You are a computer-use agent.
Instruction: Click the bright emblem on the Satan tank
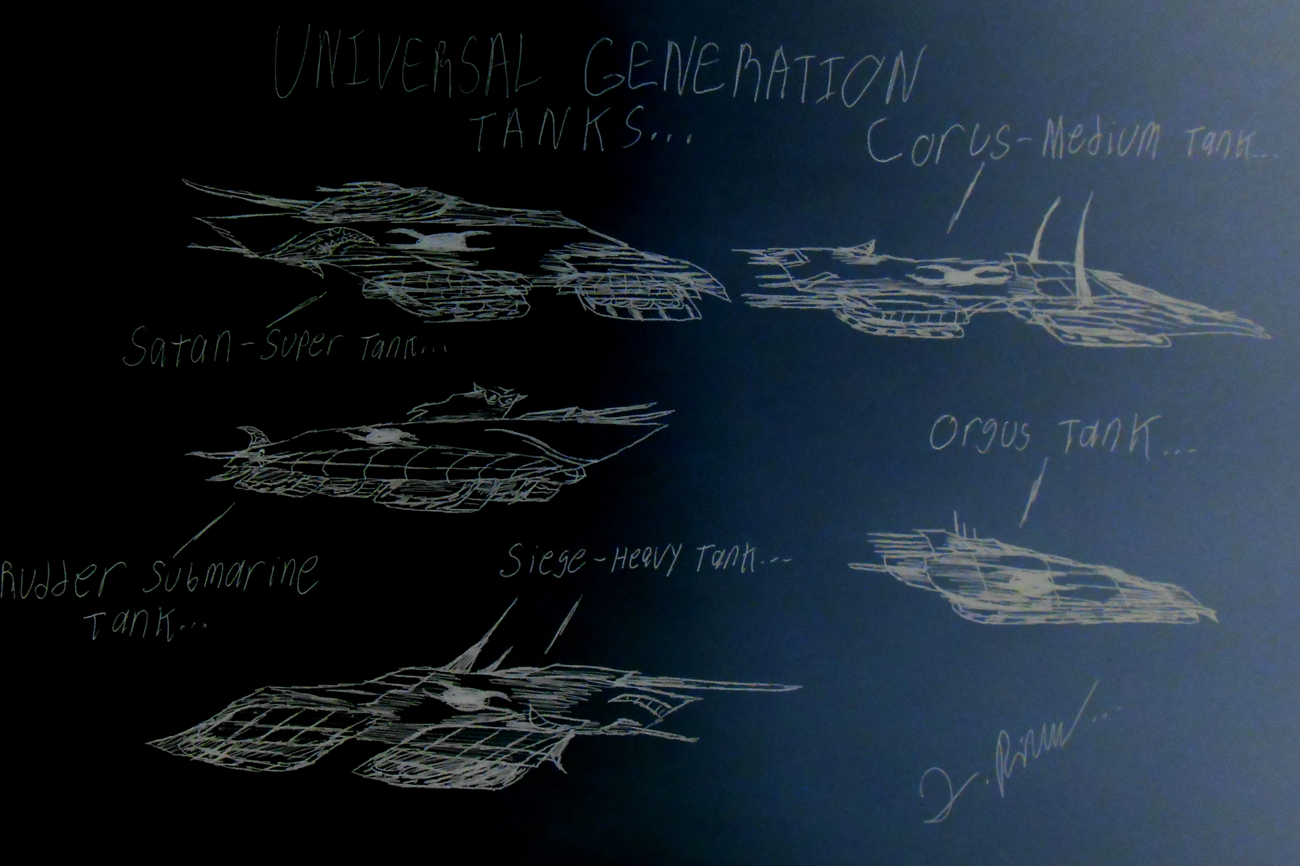point(442,242)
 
